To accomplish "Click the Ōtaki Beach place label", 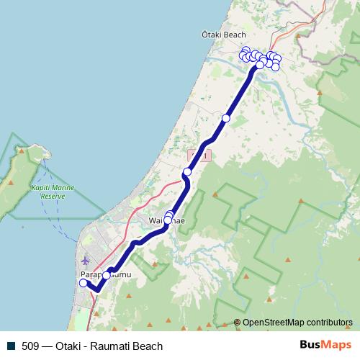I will click(224, 35).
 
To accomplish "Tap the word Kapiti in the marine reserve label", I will click(41, 187).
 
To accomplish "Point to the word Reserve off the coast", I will click(53, 195).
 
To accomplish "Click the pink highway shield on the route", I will click(199, 155).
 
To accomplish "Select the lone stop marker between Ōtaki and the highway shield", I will click(226, 118).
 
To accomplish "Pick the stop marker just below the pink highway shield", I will click(187, 171).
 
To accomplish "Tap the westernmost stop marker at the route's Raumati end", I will click(83, 283).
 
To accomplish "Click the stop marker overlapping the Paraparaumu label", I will click(107, 275).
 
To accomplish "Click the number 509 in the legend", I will click(30, 346).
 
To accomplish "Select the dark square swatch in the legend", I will click(11, 346).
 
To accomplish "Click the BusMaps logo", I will click(325, 345).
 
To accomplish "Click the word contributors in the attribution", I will click(330, 322).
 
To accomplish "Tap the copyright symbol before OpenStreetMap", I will click(237, 322).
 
